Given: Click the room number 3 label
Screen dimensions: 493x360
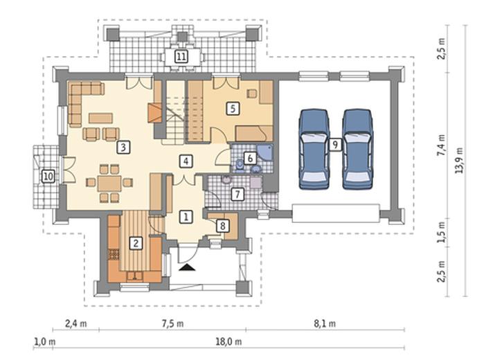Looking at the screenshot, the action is tap(123, 147).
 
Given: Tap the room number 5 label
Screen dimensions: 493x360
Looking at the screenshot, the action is tap(233, 109).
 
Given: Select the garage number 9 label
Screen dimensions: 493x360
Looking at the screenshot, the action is tap(336, 145).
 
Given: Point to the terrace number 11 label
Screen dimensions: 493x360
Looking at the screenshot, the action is tap(181, 57).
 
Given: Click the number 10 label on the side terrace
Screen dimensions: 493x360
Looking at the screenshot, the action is tap(48, 177).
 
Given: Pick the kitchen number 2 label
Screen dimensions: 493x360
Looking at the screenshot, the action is tap(136, 243).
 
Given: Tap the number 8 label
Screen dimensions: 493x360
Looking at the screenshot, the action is tap(222, 226).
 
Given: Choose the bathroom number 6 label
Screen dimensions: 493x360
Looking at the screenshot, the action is tap(250, 158).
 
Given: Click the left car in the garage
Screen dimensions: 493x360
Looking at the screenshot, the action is tap(314, 150).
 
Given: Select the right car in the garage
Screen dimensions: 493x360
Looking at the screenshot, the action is tap(357, 150).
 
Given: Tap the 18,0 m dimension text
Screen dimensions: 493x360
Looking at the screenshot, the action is tap(228, 341).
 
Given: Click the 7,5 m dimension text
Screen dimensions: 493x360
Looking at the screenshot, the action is tap(173, 324).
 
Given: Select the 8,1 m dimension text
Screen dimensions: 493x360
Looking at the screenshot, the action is tap(325, 324).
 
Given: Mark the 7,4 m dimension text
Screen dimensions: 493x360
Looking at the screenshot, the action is tap(442, 145).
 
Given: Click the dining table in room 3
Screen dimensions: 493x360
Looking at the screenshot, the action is tap(109, 183).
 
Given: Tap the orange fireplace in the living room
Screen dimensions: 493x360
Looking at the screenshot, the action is tap(154, 113).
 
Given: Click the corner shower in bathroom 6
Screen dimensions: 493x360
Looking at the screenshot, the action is tap(265, 152).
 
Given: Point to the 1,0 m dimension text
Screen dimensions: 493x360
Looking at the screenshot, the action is tap(44, 341).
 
